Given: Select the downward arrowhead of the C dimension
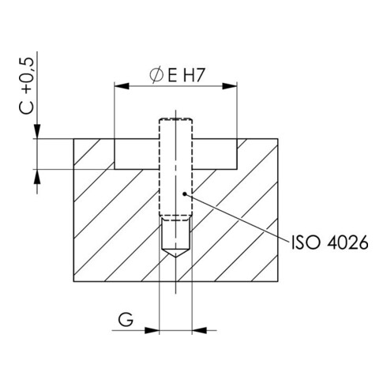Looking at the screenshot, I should [x=37, y=133].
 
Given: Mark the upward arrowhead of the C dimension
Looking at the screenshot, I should [x=37, y=175].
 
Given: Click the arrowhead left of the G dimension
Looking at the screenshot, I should [x=154, y=328].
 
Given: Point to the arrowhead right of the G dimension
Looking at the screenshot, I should [x=197, y=328].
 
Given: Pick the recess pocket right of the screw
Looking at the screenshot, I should [x=215, y=154].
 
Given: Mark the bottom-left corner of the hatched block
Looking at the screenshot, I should [x=73, y=282].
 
